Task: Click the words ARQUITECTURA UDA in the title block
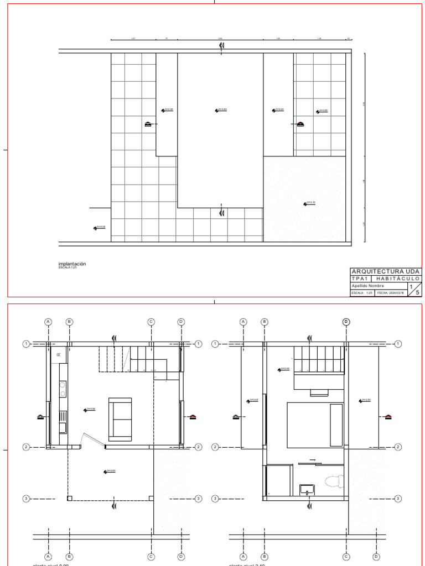386,271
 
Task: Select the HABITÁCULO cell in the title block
398,279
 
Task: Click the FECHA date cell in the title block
391,294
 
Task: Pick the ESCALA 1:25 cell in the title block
362,294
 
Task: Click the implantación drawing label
72,264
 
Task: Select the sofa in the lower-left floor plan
120,419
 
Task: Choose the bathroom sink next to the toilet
307,489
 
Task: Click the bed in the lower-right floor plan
314,424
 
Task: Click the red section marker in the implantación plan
300,124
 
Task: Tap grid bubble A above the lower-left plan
48,322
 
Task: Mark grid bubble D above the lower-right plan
347,322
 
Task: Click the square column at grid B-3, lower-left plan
69,499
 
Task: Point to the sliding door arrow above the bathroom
313,459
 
